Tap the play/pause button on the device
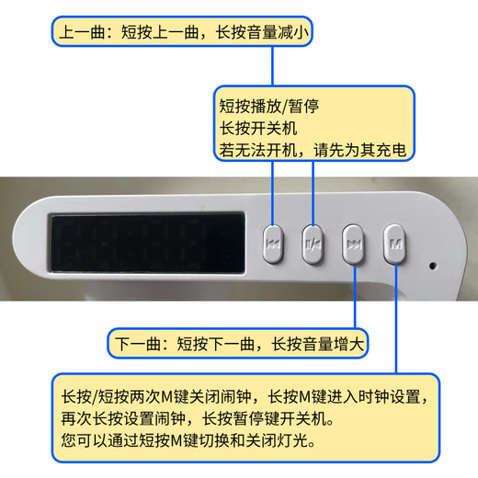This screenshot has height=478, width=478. click(x=313, y=245)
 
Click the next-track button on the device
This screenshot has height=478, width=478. click(x=354, y=245)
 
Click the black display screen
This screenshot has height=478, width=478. click(x=147, y=242)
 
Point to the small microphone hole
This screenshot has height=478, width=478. click(x=433, y=266)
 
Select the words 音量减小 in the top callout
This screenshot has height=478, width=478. click(x=278, y=32)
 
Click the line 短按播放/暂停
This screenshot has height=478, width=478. click(x=269, y=106)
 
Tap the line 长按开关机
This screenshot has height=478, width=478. click(x=258, y=128)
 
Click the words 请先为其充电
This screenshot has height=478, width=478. click(x=360, y=150)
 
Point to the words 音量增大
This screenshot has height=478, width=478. click(x=334, y=344)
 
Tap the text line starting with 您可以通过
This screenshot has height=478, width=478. click(x=188, y=440)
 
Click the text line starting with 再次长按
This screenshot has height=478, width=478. click(x=197, y=418)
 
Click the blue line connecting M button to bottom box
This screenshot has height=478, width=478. click(x=395, y=318)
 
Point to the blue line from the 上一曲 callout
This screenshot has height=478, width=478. click(x=272, y=66)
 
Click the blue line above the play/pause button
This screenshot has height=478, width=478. click(x=313, y=193)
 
